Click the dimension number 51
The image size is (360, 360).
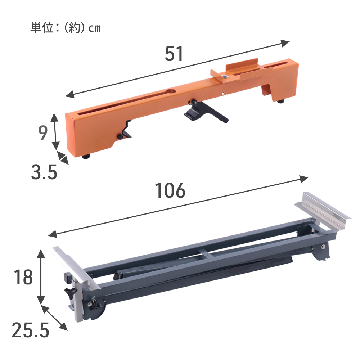pos(174,54)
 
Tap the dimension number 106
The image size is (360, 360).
pos(170,190)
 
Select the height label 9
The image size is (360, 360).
pos(43,133)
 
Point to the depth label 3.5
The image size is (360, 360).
pos(44,172)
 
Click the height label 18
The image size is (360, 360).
pos(23,277)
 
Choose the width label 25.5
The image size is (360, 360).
pos(31,330)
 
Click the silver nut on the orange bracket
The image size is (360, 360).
pos(225,77)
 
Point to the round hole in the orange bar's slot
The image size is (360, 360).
pos(171,91)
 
